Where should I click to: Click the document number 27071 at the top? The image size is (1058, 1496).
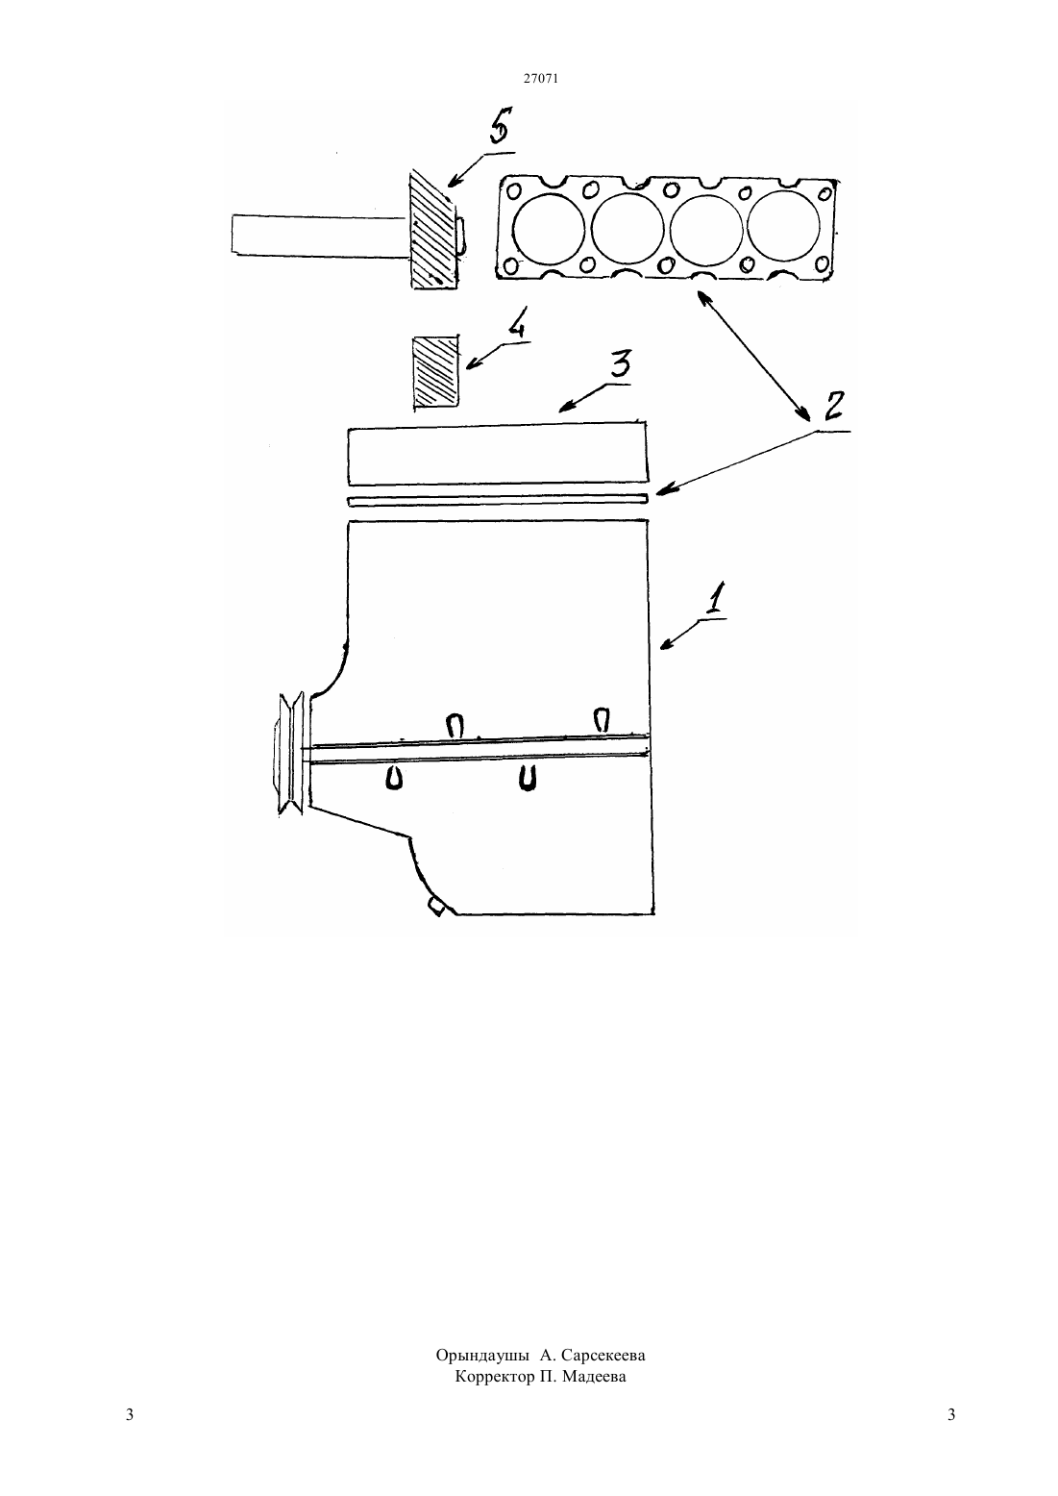tap(540, 78)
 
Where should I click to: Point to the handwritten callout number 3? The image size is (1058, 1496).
tap(619, 364)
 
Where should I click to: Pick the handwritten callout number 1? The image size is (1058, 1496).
tap(714, 598)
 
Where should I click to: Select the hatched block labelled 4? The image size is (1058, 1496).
tap(436, 371)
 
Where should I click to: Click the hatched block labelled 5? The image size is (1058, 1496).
tap(434, 230)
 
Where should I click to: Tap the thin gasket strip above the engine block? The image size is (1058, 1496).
tap(498, 500)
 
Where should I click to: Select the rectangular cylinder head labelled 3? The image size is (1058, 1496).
tap(498, 452)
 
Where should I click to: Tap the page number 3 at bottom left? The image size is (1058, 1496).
tap(130, 1414)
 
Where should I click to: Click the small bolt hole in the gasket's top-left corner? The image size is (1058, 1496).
tap(515, 191)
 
